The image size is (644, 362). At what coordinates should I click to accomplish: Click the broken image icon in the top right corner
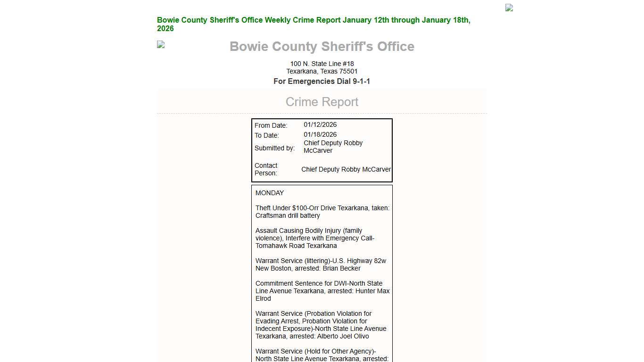pyautogui.click(x=509, y=8)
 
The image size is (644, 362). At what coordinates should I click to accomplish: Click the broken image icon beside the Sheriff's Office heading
pyautogui.click(x=161, y=44)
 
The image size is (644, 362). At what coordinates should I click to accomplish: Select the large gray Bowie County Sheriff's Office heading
pyautogui.click(x=322, y=47)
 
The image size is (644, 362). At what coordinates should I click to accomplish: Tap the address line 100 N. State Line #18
pyautogui.click(x=322, y=64)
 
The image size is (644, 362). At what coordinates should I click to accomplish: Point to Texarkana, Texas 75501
pyautogui.click(x=322, y=71)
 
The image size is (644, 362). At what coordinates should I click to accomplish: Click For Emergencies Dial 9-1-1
pyautogui.click(x=322, y=82)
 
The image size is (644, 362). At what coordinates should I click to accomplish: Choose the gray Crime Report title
pyautogui.click(x=322, y=102)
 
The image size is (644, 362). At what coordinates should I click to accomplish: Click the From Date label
pyautogui.click(x=271, y=125)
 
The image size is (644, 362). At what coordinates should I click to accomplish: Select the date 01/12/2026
pyautogui.click(x=320, y=125)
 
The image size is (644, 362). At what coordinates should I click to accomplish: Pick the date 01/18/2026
pyautogui.click(x=320, y=135)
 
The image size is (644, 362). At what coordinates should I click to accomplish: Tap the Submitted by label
pyautogui.click(x=274, y=148)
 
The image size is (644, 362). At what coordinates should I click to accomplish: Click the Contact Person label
pyautogui.click(x=266, y=169)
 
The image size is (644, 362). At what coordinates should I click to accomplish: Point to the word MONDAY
pyautogui.click(x=270, y=193)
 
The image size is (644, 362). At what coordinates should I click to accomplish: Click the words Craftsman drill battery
pyautogui.click(x=288, y=215)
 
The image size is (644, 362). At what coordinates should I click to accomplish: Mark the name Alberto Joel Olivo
pyautogui.click(x=343, y=336)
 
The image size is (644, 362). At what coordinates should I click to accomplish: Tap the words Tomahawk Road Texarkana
pyautogui.click(x=296, y=246)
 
